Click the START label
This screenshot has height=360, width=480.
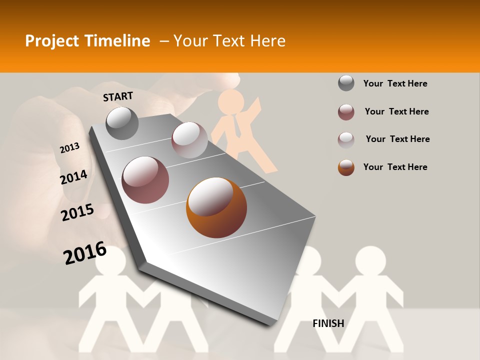118,96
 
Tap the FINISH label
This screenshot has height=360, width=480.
328,323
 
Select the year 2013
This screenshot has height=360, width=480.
70,147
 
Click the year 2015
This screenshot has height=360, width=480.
77,212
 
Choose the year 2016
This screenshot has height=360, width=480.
85,253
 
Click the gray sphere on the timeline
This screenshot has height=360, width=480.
122,123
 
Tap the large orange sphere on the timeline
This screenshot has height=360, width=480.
216,207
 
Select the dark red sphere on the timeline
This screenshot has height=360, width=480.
145,180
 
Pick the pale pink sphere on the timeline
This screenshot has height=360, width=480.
189,140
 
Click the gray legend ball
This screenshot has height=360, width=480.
346,83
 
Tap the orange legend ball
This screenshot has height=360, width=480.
346,167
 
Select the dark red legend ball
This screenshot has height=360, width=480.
346,112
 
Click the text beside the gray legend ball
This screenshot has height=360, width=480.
395,83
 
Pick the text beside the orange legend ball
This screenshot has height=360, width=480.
395,167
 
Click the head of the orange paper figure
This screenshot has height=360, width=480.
231,101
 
